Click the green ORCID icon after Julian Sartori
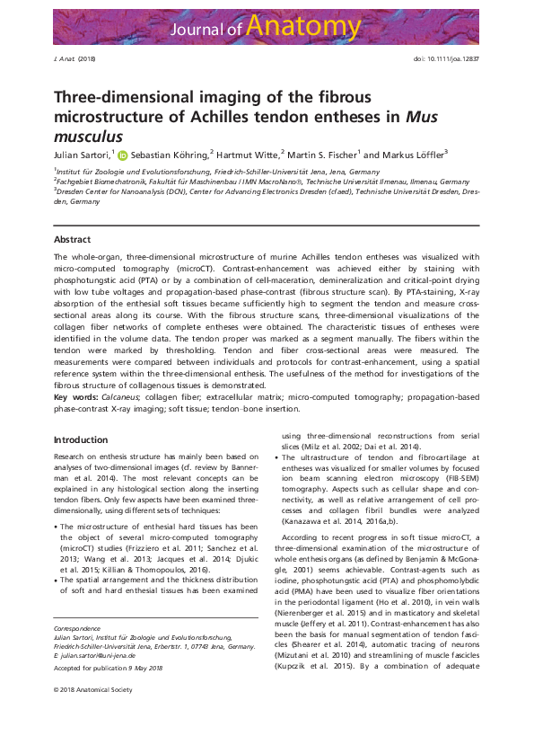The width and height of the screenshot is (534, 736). (x=123, y=154)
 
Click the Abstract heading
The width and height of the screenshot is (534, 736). (x=72, y=240)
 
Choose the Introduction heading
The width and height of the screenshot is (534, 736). (x=81, y=440)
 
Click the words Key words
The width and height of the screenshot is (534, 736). (x=74, y=396)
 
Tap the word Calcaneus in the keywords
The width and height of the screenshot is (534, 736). (x=121, y=396)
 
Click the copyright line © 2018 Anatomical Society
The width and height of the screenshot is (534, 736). (x=92, y=714)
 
